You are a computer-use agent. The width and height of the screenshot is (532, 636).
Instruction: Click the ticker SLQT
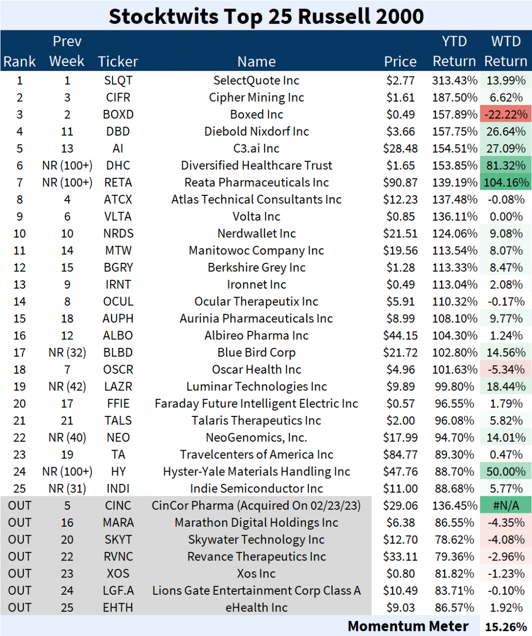(x=118, y=80)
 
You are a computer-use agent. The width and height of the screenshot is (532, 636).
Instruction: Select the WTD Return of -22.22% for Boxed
(x=506, y=114)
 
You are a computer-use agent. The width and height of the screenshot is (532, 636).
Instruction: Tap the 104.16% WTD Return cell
(x=506, y=182)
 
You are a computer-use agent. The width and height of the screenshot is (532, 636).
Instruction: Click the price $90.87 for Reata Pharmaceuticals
(x=400, y=182)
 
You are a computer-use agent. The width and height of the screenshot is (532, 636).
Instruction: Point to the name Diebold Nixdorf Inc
(x=256, y=132)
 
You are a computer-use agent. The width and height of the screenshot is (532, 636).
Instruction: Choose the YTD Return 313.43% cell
(x=455, y=80)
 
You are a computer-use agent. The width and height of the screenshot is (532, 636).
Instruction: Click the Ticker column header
(x=118, y=62)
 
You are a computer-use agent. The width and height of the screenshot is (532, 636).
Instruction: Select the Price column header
(x=400, y=62)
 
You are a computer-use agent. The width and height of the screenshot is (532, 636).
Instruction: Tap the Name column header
(x=256, y=62)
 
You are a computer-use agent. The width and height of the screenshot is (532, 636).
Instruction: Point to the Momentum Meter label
(x=408, y=627)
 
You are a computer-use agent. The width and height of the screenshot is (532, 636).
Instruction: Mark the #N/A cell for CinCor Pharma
(x=506, y=506)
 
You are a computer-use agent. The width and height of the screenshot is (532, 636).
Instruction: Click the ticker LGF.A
(x=118, y=591)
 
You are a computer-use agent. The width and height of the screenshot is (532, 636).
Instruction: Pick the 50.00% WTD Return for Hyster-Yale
(x=506, y=472)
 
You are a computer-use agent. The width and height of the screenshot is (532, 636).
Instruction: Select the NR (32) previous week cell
(x=67, y=353)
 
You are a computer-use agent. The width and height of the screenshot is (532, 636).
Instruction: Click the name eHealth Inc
(x=256, y=608)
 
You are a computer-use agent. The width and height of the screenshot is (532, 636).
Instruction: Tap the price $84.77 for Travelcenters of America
(x=400, y=455)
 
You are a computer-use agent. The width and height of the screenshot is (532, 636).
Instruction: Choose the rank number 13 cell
(x=20, y=285)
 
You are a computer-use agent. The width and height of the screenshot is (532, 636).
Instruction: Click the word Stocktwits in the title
(x=163, y=16)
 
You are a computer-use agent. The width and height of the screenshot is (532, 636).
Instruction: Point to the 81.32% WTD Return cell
(x=506, y=165)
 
